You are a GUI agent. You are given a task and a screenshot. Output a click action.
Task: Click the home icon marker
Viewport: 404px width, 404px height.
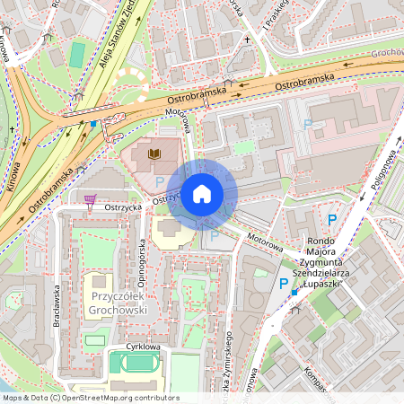(x=202, y=193)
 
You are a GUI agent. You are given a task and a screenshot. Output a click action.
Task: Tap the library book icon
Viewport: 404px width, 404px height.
(x=154, y=155)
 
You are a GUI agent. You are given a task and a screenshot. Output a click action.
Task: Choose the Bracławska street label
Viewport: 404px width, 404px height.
(x=55, y=305)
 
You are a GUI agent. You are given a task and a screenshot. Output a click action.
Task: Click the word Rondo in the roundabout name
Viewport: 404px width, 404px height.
(x=321, y=241)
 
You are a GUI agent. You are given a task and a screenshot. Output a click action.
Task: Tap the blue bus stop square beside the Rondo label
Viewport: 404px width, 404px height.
(x=294, y=292)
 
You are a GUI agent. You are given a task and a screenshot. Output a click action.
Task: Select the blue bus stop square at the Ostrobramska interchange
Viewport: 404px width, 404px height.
(x=92, y=124)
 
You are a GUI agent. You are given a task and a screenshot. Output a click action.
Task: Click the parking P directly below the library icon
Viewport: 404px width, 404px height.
(x=160, y=180)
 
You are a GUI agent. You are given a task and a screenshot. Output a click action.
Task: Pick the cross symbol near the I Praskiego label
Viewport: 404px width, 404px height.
(x=248, y=40)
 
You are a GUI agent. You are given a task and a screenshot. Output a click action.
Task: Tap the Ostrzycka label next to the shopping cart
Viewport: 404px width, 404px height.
(x=123, y=206)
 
